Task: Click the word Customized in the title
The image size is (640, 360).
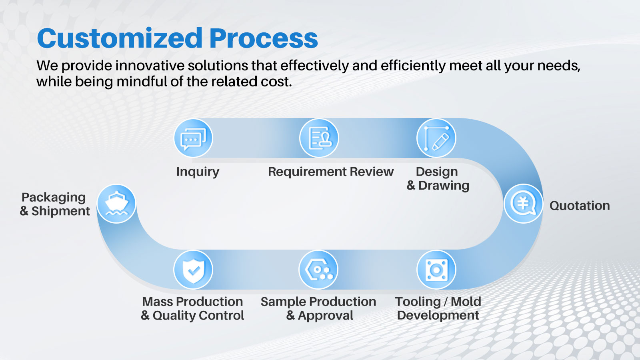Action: (x=120, y=38)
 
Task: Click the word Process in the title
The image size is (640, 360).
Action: (x=264, y=38)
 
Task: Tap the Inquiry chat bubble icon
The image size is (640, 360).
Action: (x=194, y=138)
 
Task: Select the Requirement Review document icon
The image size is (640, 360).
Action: (x=319, y=138)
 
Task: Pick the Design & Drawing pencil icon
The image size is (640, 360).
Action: (x=436, y=138)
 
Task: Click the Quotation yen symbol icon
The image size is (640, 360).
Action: (x=524, y=204)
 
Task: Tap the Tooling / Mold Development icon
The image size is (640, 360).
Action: (x=436, y=270)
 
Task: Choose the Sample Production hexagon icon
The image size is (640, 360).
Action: (x=318, y=270)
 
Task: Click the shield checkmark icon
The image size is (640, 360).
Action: (x=194, y=270)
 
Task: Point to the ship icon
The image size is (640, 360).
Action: (x=116, y=204)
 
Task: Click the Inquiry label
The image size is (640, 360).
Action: (x=198, y=172)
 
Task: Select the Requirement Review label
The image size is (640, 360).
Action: (x=331, y=172)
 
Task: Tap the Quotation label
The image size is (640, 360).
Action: (x=580, y=206)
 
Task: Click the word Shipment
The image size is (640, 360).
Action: (x=60, y=211)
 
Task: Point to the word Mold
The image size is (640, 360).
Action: (x=466, y=302)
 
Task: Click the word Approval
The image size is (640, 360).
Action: (x=326, y=316)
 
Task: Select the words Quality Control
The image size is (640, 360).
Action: (x=198, y=316)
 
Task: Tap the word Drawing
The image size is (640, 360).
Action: (x=444, y=186)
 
